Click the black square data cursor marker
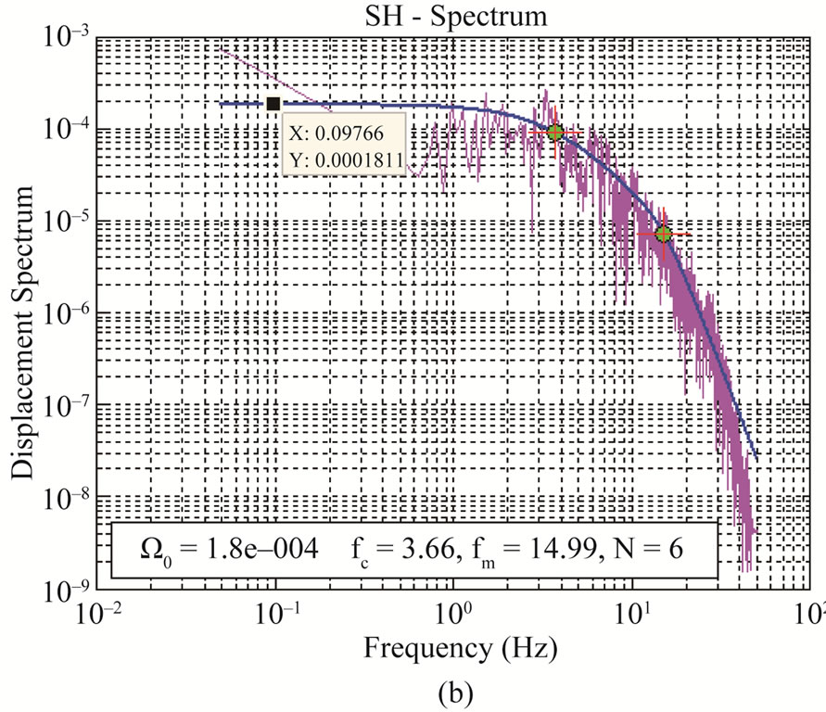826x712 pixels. click(273, 104)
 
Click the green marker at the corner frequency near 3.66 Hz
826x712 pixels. click(555, 132)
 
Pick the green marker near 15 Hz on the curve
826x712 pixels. click(664, 234)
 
